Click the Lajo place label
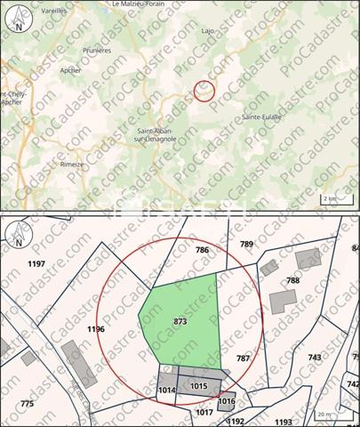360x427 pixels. pyautogui.click(x=209, y=30)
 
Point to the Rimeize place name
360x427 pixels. pyautogui.click(x=72, y=164)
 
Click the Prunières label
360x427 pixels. pyautogui.click(x=97, y=51)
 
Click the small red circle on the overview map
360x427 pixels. pyautogui.click(x=204, y=90)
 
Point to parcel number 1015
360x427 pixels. pyautogui.click(x=199, y=386)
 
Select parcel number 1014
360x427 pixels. pyautogui.click(x=167, y=390)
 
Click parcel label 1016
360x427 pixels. pyautogui.click(x=227, y=401)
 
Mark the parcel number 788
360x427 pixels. pyautogui.click(x=292, y=280)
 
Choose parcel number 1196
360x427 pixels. pyautogui.click(x=96, y=329)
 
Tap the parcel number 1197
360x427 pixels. pyautogui.click(x=36, y=264)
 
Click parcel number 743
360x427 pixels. pyautogui.click(x=315, y=357)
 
